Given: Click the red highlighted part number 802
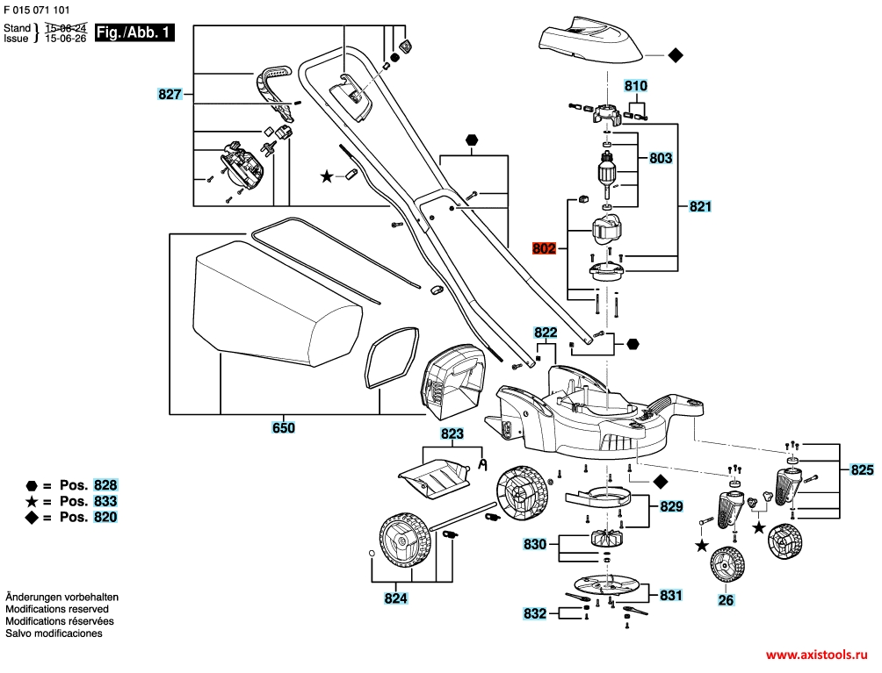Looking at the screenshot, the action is pyautogui.click(x=544, y=247).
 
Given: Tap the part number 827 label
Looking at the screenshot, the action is pyautogui.click(x=170, y=94).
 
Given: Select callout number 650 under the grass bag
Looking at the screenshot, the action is pyautogui.click(x=284, y=427).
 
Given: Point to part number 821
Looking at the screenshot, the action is pyautogui.click(x=700, y=206).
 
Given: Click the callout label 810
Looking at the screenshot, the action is pyautogui.click(x=636, y=85).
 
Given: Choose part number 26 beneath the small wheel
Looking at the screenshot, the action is pyautogui.click(x=727, y=600).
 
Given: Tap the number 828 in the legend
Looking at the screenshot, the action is pyautogui.click(x=105, y=485).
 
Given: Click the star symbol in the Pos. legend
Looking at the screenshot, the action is pyautogui.click(x=32, y=501).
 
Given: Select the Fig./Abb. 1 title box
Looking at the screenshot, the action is pyautogui.click(x=134, y=32).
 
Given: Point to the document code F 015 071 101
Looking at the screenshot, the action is pyautogui.click(x=37, y=10).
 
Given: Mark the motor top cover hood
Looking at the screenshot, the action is pyautogui.click(x=590, y=39).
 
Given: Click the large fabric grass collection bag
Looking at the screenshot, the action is pyautogui.click(x=277, y=303).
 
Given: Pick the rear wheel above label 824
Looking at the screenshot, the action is pyautogui.click(x=406, y=542).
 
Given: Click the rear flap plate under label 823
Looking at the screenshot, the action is pyautogui.click(x=434, y=477).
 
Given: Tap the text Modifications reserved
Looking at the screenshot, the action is pyautogui.click(x=57, y=609).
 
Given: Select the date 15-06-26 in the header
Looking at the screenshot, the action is pyautogui.click(x=66, y=39).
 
